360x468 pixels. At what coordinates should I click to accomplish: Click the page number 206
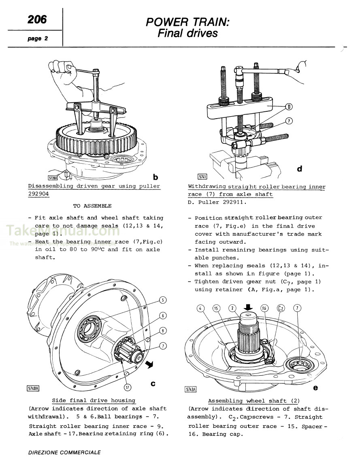click(x=37, y=19)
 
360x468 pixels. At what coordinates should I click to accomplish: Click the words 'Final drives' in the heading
click(x=187, y=33)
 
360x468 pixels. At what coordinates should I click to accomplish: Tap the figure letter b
click(x=155, y=177)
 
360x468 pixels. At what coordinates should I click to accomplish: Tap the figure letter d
click(x=299, y=168)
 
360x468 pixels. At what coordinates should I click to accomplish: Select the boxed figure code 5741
click(x=202, y=177)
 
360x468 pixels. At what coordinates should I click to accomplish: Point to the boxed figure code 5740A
click(x=33, y=388)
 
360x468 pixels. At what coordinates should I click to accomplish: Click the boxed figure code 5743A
click(x=190, y=389)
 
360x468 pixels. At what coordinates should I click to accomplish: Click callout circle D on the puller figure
click(x=290, y=107)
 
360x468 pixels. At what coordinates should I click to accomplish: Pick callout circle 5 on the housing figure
click(x=162, y=300)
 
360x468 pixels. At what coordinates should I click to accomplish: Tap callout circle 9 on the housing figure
click(x=162, y=330)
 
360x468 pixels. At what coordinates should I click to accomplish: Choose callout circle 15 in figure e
click(x=216, y=308)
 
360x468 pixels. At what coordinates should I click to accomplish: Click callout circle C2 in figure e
click(x=280, y=308)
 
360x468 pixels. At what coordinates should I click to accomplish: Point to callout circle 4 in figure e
click(x=200, y=308)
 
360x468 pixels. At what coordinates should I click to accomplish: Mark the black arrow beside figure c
click(x=151, y=365)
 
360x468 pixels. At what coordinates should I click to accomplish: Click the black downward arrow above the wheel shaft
click(x=249, y=307)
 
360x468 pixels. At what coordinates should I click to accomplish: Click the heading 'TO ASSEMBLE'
click(x=92, y=206)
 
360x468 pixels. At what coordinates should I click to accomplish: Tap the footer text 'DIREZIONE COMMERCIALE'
click(x=64, y=452)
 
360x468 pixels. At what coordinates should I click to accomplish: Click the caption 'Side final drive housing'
click(x=94, y=400)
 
